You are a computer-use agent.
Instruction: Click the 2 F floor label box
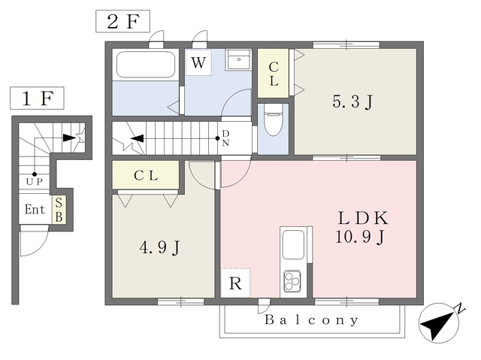[x=123, y=21]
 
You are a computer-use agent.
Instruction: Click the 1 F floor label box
[x=37, y=98]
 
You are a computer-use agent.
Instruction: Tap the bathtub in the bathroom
[x=146, y=65]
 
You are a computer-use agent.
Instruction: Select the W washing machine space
[x=198, y=62]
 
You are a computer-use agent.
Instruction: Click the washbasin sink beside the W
[x=239, y=59]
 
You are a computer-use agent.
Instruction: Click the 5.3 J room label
[x=352, y=101]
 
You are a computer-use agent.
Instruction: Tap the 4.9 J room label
[x=159, y=247]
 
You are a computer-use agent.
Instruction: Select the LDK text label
[x=363, y=218]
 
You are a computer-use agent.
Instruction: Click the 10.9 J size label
[x=360, y=237]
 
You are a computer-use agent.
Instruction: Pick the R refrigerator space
[x=235, y=283]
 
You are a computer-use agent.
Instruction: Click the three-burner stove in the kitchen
[x=292, y=280]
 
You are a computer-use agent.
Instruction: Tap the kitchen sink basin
[x=293, y=245]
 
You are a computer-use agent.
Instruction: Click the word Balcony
[x=312, y=320]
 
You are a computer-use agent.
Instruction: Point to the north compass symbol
[x=440, y=322]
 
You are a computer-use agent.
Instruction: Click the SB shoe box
[x=59, y=210]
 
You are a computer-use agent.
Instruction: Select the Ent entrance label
[x=35, y=210]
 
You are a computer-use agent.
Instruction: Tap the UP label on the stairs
[x=34, y=182]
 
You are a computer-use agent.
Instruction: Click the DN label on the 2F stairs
[x=225, y=138]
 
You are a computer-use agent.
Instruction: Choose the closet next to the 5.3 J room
[x=273, y=74]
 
